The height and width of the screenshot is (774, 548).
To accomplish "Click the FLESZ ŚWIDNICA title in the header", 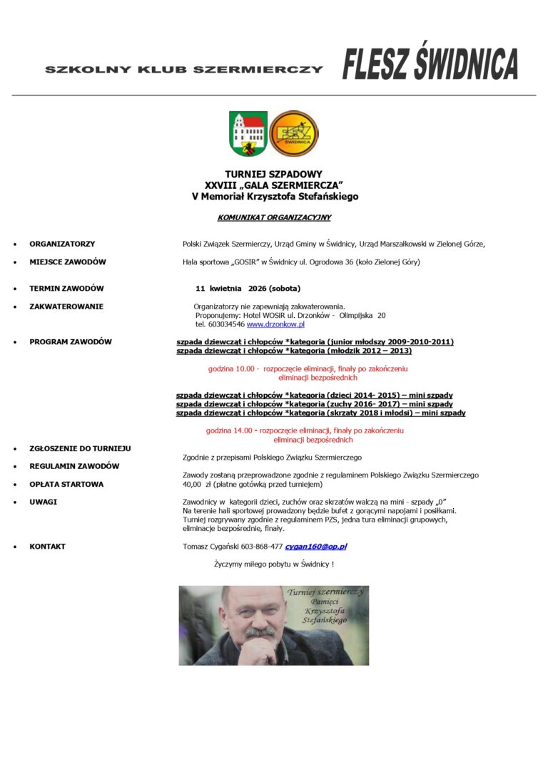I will (x=430, y=65).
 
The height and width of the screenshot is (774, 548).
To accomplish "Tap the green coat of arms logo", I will (x=248, y=133).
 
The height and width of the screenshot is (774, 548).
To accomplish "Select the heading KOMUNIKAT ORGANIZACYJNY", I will (x=274, y=217).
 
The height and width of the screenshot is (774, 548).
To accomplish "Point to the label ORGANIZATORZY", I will (x=62, y=244).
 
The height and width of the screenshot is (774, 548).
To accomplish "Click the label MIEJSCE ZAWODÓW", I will (x=68, y=262).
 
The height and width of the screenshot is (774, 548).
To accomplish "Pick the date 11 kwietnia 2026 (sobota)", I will (x=248, y=289).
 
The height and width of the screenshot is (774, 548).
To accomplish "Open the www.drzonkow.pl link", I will (x=270, y=324).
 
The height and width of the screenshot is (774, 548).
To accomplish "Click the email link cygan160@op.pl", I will (x=315, y=547).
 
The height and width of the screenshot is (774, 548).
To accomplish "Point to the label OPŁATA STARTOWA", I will (x=66, y=484).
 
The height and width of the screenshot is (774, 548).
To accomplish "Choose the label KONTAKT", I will (x=47, y=547).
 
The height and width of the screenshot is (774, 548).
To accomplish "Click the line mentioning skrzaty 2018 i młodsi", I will (x=320, y=413).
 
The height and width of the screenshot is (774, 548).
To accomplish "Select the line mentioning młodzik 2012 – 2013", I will (x=293, y=351).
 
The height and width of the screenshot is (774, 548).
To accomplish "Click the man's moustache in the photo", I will (x=260, y=631).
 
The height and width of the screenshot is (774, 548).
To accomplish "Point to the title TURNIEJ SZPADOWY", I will (x=274, y=174).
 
